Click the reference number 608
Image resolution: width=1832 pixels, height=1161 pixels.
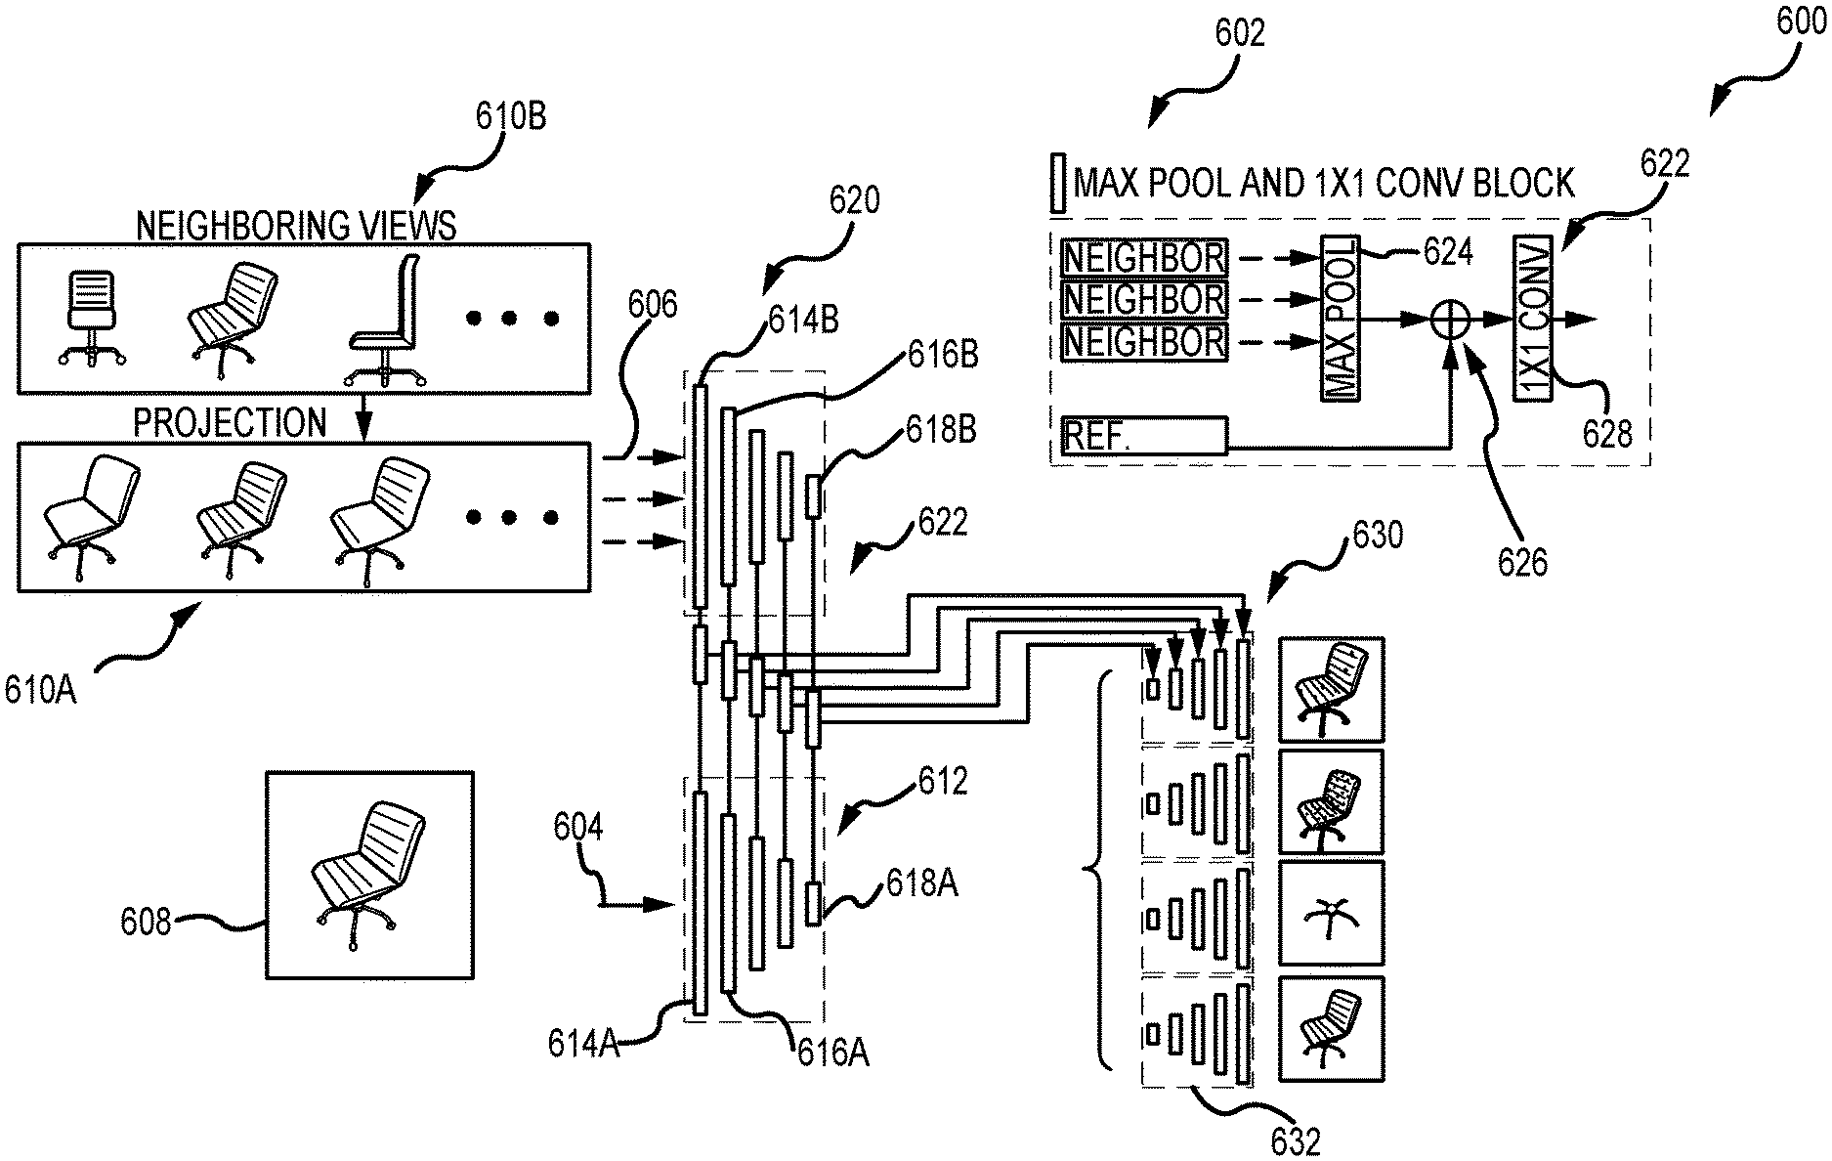145,922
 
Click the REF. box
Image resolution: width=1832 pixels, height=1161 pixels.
1143,436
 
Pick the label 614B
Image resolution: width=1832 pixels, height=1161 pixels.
803,321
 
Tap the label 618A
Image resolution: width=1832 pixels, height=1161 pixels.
921,883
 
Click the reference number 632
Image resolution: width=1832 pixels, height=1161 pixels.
1295,1140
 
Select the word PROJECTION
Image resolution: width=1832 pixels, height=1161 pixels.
230,422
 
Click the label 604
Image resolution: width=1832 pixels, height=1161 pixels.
578,828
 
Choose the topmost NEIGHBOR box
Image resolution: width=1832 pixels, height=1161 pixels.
1143,258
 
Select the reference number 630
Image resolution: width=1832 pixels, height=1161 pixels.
1377,535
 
